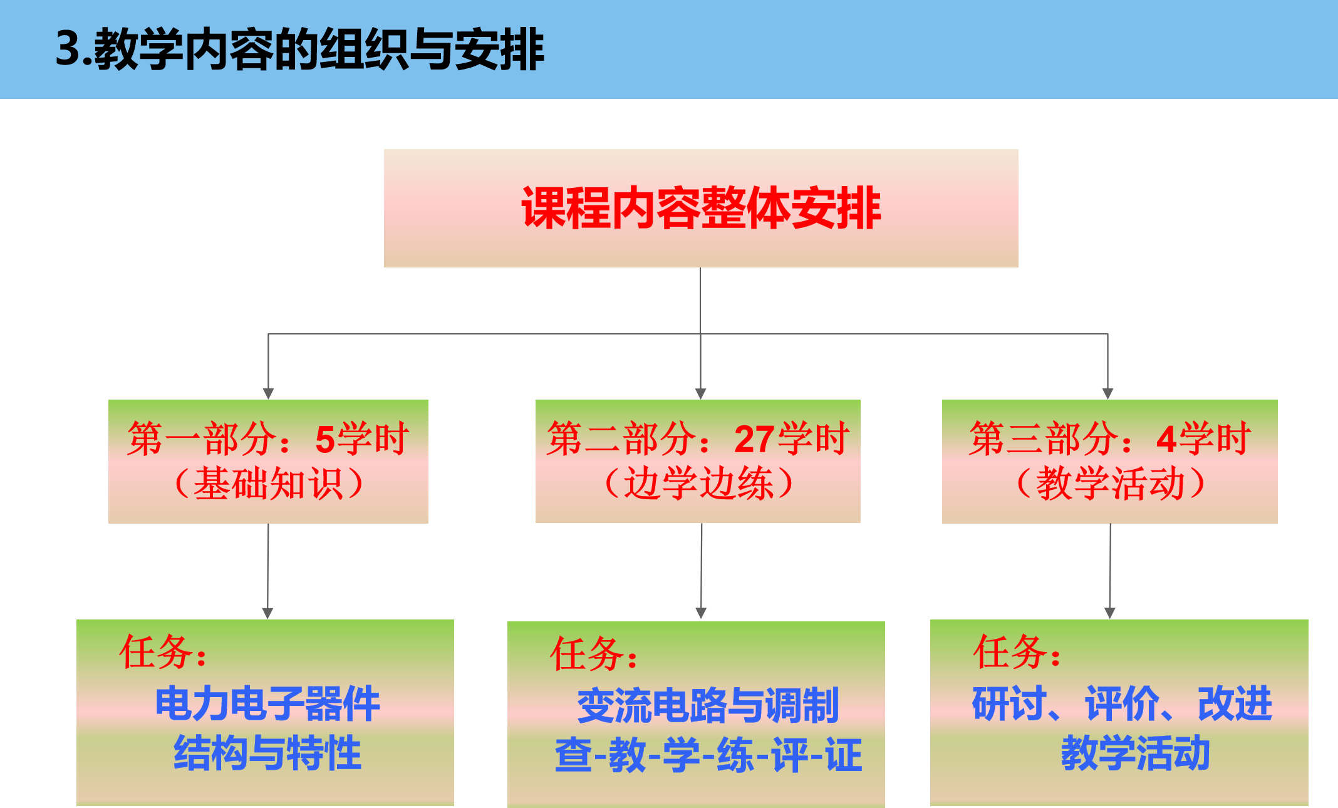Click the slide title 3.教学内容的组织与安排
pos(300,49)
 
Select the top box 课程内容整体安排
pos(701,208)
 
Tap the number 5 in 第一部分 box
pos(325,439)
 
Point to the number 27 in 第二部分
pos(754,439)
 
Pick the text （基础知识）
pos(269,484)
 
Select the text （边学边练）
pos(698,484)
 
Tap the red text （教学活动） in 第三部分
pos(1109,484)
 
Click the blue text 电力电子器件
pos(267,704)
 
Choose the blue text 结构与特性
pos(267,753)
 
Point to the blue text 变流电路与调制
pos(708,706)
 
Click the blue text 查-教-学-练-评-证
pos(708,755)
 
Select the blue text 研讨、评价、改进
pos(1122,704)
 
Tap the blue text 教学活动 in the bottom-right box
pos(1135,753)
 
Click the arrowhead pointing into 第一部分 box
pos(268,393)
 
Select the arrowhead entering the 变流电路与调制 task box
pos(701,613)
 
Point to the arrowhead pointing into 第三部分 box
pos(1107,393)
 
